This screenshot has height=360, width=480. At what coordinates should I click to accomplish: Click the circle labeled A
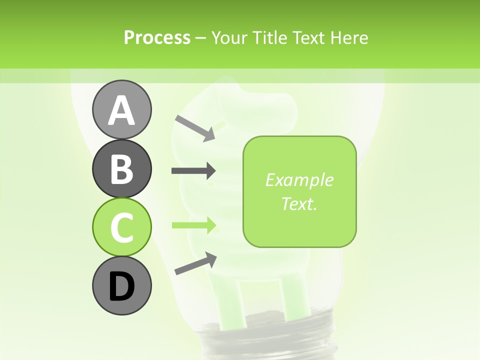point(121,109)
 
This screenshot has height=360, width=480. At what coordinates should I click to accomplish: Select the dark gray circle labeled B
point(121,168)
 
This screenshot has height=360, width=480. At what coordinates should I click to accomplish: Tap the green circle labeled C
point(121,227)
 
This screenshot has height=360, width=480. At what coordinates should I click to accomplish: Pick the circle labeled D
point(121,285)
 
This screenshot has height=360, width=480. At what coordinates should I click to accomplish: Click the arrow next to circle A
point(195,127)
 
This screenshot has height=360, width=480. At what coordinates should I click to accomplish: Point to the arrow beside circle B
point(193,171)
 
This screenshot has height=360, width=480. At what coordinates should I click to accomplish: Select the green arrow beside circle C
point(193,225)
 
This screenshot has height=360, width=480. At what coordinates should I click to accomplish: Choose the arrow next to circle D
point(195,263)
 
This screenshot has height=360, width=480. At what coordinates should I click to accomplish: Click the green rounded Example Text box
point(299,191)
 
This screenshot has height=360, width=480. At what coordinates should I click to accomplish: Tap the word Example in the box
point(299,180)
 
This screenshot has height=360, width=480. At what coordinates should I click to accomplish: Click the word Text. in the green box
point(299,203)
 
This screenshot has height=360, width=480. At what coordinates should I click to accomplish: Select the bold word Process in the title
point(157,37)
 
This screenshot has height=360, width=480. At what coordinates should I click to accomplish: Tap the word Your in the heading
point(230,37)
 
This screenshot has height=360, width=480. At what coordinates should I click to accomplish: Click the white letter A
point(121,110)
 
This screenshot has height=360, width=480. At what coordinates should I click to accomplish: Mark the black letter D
point(121,286)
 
